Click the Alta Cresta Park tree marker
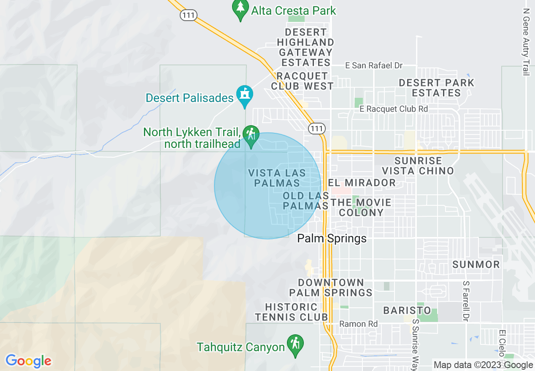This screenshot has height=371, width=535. [240, 9]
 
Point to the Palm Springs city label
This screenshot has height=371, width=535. [332, 239]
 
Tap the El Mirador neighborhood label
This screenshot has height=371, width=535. [362, 183]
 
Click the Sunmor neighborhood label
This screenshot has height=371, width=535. [476, 265]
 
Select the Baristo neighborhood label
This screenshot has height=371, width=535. [407, 311]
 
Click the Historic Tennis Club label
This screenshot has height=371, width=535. [291, 312]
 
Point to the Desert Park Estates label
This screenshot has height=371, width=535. [437, 88]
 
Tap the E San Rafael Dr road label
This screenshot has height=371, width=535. [374, 65]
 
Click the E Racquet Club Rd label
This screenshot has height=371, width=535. [394, 109]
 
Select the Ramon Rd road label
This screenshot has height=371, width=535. [359, 324]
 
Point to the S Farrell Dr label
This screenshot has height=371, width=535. [466, 301]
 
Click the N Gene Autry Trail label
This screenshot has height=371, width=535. [526, 42]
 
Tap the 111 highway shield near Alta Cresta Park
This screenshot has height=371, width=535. [188, 15]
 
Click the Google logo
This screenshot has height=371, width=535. [28, 361]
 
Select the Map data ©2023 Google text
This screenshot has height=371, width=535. [484, 365]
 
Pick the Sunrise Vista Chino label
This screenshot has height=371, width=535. [418, 166]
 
